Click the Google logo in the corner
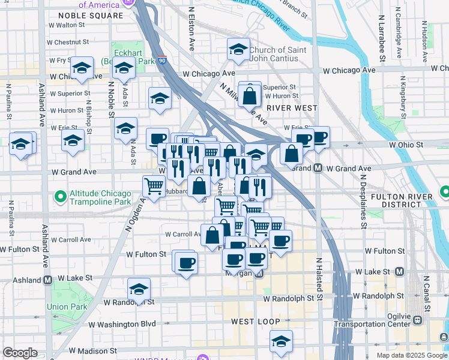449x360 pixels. coord(20,353)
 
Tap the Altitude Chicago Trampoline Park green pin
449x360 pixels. coord(60,196)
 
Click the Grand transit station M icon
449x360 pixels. coord(318,168)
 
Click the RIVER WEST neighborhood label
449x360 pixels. coord(292,108)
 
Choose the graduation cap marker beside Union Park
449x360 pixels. coord(139,289)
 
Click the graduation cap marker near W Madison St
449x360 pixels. coord(281,340)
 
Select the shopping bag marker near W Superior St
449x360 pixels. coord(250,93)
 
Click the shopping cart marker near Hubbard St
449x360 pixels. coord(154,187)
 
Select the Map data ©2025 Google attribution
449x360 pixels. coord(412,355)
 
